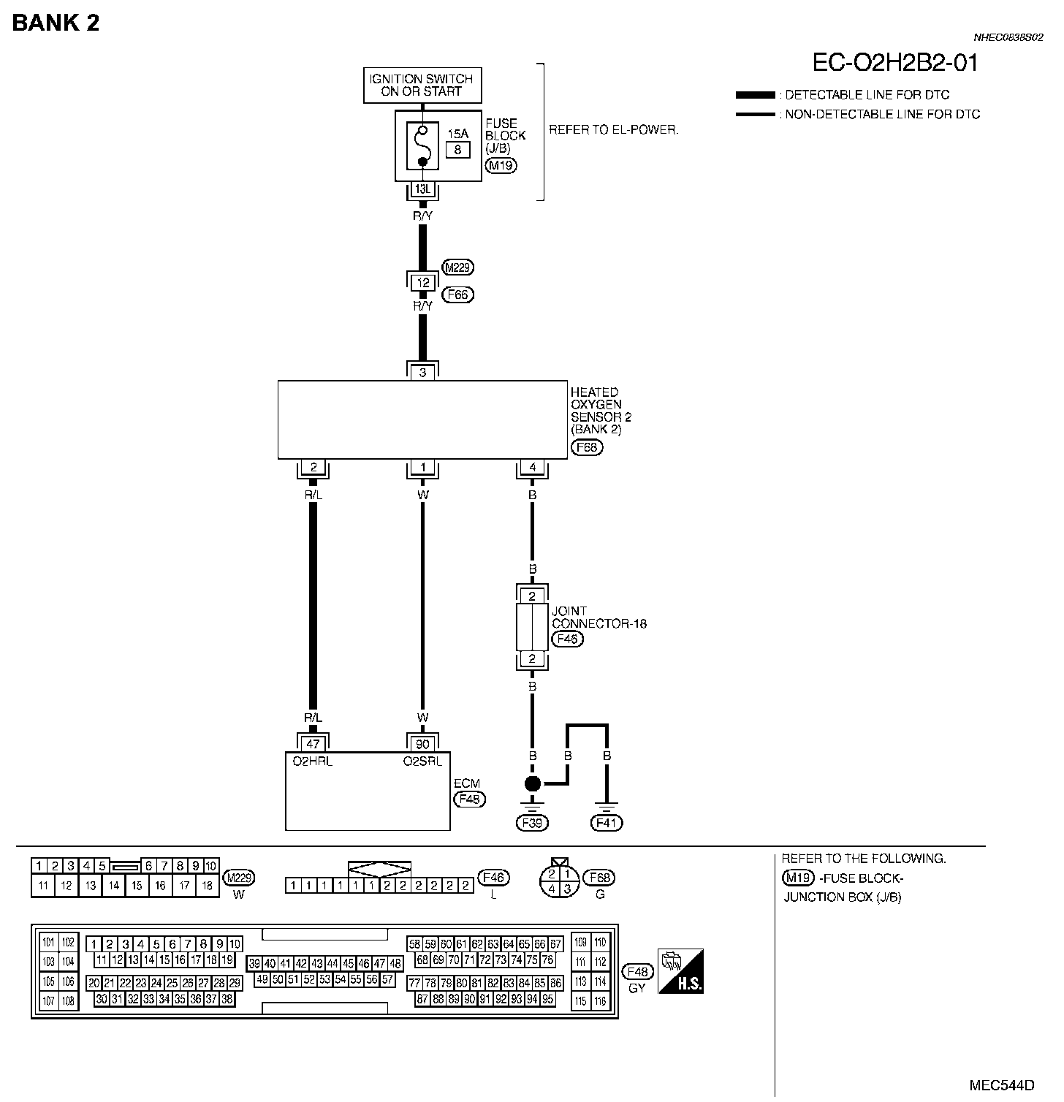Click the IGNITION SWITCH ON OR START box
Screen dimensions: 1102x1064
(422, 85)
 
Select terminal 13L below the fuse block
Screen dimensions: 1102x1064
(422, 189)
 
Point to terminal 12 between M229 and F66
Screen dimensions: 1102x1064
(422, 282)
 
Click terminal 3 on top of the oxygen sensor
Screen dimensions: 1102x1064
(422, 372)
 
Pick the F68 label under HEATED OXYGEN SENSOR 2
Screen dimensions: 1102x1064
(587, 447)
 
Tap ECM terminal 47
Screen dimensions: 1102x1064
(313, 744)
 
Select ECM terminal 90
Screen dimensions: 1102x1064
(422, 744)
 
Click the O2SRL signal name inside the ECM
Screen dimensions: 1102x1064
(422, 761)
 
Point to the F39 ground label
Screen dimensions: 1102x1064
(532, 823)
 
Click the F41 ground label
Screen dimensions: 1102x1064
(607, 823)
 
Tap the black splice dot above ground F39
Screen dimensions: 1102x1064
(533, 784)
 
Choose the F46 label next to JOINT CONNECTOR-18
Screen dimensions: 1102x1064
(567, 639)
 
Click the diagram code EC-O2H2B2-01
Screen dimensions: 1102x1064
(894, 63)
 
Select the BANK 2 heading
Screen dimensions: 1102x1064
(56, 23)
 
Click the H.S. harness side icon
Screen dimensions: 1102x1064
(680, 971)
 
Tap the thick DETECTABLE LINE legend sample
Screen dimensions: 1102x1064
(755, 95)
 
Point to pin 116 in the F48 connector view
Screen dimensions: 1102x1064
(600, 1001)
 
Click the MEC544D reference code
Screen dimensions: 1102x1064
(1002, 1084)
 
